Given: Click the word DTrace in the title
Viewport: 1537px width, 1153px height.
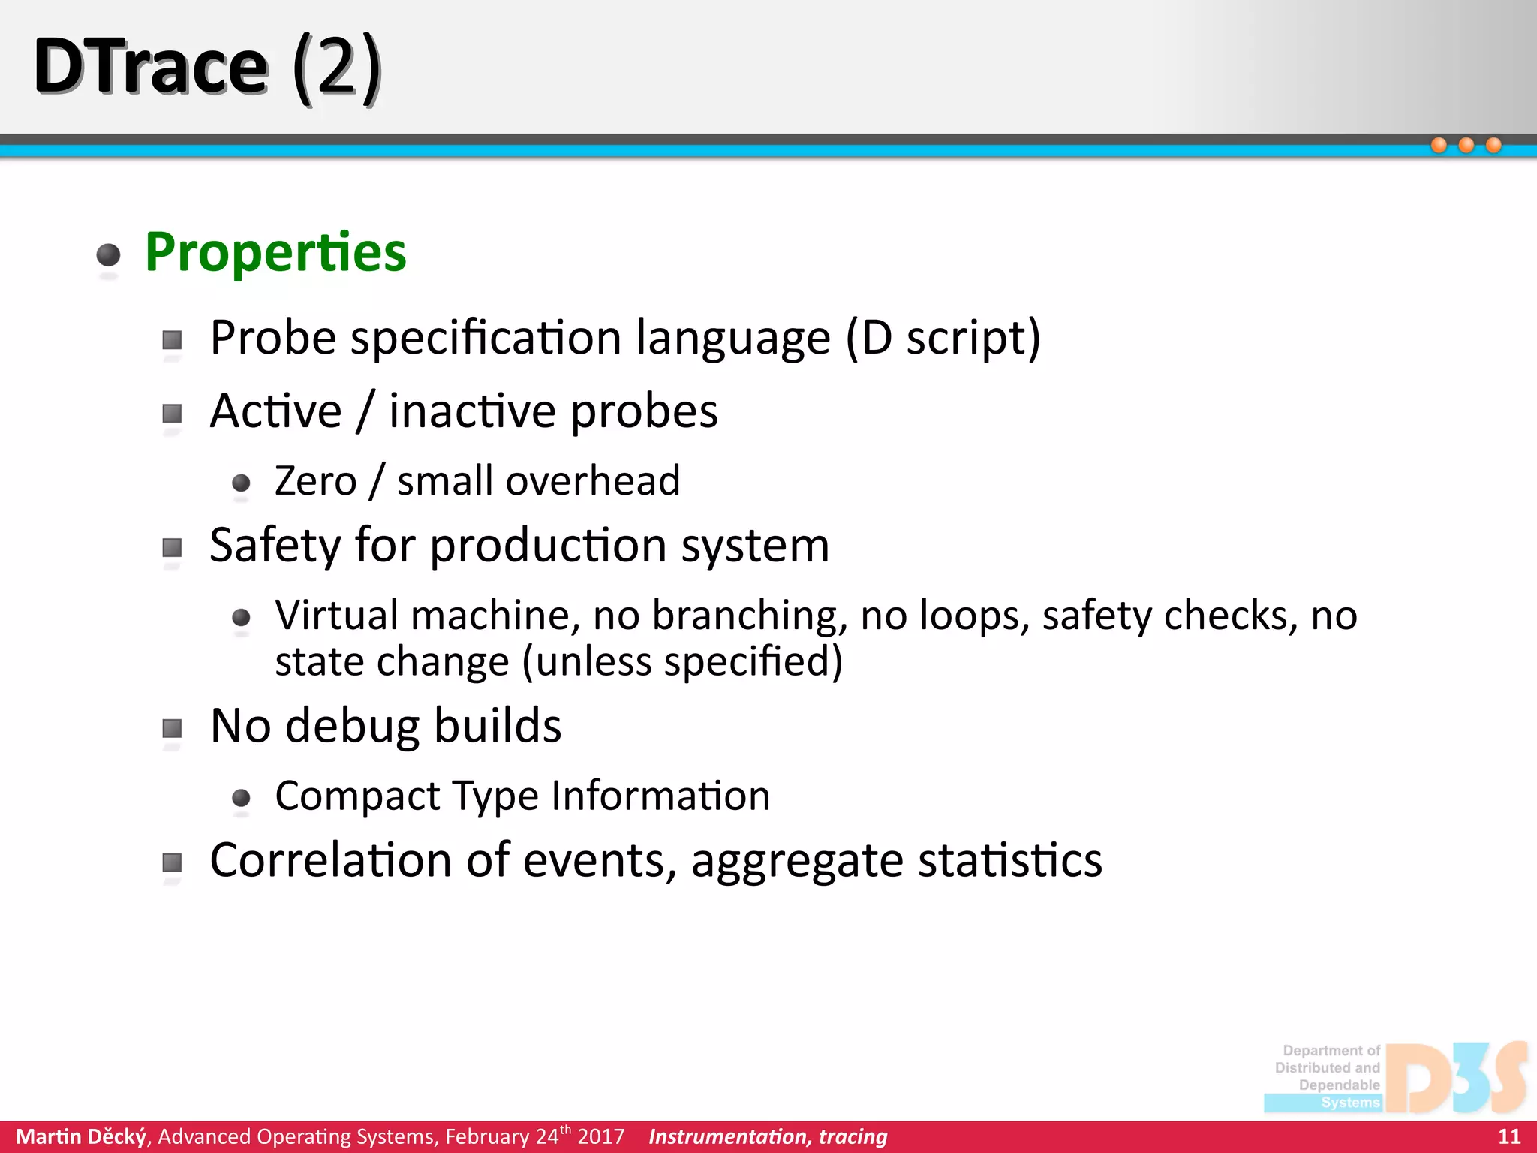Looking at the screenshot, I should click(x=150, y=68).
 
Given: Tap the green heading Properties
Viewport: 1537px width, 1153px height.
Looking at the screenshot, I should click(x=275, y=252).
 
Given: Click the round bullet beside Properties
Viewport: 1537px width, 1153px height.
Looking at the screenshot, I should click(x=109, y=255).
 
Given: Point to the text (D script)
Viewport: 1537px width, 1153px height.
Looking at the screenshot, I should click(x=943, y=338).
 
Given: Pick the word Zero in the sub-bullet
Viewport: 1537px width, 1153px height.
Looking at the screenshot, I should click(x=315, y=481).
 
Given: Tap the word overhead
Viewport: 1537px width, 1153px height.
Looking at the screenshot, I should click(x=593, y=481).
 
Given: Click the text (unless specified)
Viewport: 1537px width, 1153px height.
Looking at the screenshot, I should click(x=682, y=662).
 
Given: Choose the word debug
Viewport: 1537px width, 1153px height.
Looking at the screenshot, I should click(x=352, y=727).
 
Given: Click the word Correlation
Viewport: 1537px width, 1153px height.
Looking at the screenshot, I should click(x=329, y=860).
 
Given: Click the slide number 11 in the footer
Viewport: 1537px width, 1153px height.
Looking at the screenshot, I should click(x=1509, y=1136).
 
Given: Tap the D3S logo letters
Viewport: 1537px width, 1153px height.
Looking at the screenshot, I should click(x=1456, y=1077).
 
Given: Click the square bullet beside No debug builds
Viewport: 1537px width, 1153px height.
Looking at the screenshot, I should click(x=173, y=728).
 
